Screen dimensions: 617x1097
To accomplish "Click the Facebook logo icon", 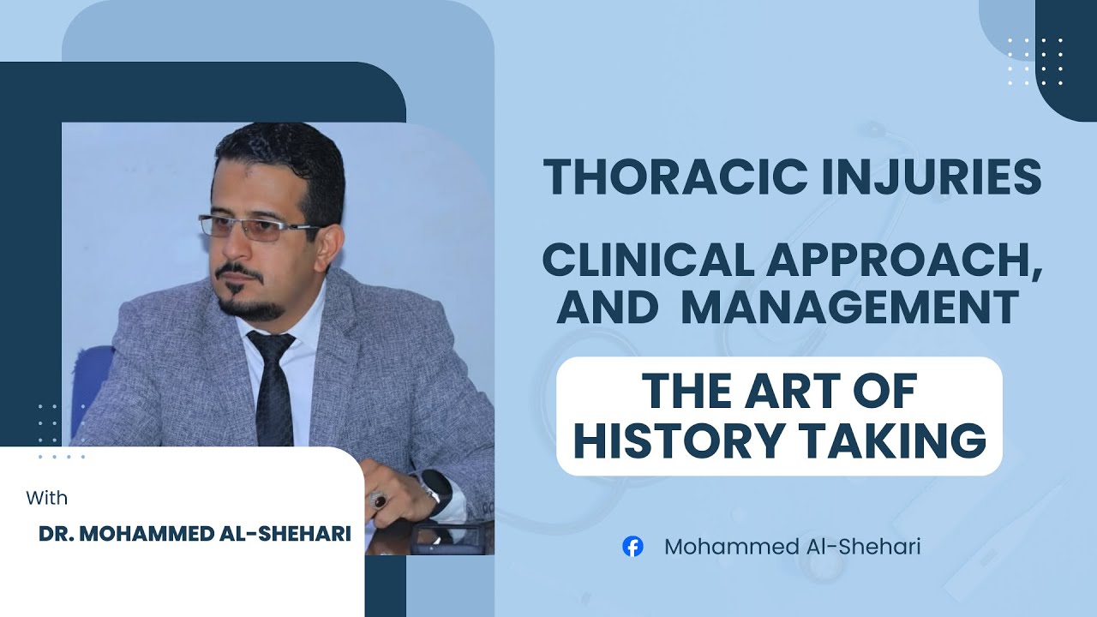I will tap(632, 547).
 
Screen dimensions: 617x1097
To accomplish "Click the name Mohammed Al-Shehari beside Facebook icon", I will tap(792, 547).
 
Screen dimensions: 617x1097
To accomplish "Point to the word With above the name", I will tap(46, 498).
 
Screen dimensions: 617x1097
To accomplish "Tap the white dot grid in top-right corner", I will tap(1035, 62).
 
